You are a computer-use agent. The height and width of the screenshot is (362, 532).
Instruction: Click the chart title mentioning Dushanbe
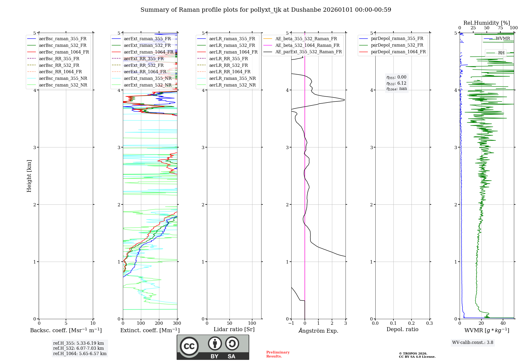tap(266, 10)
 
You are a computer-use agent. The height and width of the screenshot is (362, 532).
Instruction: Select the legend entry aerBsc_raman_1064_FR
tap(64, 52)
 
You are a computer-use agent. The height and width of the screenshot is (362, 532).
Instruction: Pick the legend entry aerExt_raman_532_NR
tap(148, 85)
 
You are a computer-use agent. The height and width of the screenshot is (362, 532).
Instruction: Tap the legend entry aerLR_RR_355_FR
tap(228, 59)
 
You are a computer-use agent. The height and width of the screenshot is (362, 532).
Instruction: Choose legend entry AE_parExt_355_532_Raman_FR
tap(309, 52)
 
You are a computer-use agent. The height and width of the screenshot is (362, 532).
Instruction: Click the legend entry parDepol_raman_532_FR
tap(397, 45)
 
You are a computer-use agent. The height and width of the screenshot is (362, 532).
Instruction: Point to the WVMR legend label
tap(503, 39)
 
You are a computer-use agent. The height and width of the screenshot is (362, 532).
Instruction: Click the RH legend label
tap(501, 53)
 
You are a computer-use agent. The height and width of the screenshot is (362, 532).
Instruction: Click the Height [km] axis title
tap(29, 176)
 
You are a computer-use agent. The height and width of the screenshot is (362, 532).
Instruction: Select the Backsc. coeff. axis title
tap(66, 330)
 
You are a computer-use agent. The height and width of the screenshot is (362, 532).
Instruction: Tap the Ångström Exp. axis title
tap(318, 331)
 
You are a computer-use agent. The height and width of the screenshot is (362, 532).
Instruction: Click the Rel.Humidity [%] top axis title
tap(487, 23)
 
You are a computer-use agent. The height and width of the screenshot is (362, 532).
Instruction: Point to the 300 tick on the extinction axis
tap(177, 323)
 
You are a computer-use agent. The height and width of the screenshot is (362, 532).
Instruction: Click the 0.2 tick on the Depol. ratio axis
tap(412, 323)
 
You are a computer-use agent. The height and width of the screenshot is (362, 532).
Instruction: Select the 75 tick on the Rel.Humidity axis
tap(500, 28)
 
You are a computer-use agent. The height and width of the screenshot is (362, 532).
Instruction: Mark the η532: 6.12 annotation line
tap(396, 83)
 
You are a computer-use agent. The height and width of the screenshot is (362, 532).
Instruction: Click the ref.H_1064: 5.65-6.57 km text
tap(80, 353)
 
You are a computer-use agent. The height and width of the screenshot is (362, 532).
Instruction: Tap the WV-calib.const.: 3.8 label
tap(473, 342)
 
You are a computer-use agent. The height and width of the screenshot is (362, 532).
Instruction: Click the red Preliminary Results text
tap(278, 354)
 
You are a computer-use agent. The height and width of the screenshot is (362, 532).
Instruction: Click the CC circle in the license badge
tap(189, 346)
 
